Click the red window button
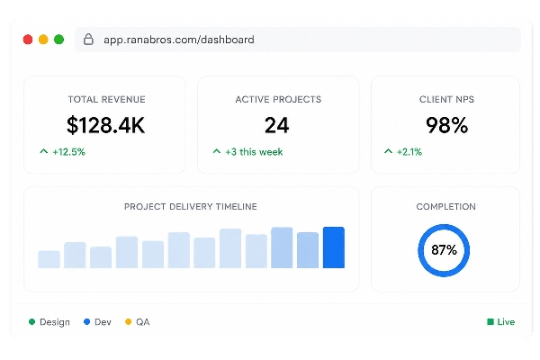coord(28,40)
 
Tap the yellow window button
coord(43,40)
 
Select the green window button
coord(58,40)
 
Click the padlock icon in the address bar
coord(88,40)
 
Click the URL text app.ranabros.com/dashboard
coord(179,40)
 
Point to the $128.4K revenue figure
coord(105,125)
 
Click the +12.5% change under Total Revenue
coord(69,152)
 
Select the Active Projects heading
coord(278,99)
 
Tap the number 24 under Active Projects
coord(277,125)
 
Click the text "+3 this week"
coord(254,152)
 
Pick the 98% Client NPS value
coord(446,125)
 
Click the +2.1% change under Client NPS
coord(409,152)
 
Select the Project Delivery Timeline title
coord(191,207)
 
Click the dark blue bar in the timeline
coord(334,247)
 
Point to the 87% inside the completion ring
coord(444,250)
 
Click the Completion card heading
coord(446,207)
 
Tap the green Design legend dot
coord(32,322)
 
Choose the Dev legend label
coord(103,322)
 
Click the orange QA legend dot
coord(128,322)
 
